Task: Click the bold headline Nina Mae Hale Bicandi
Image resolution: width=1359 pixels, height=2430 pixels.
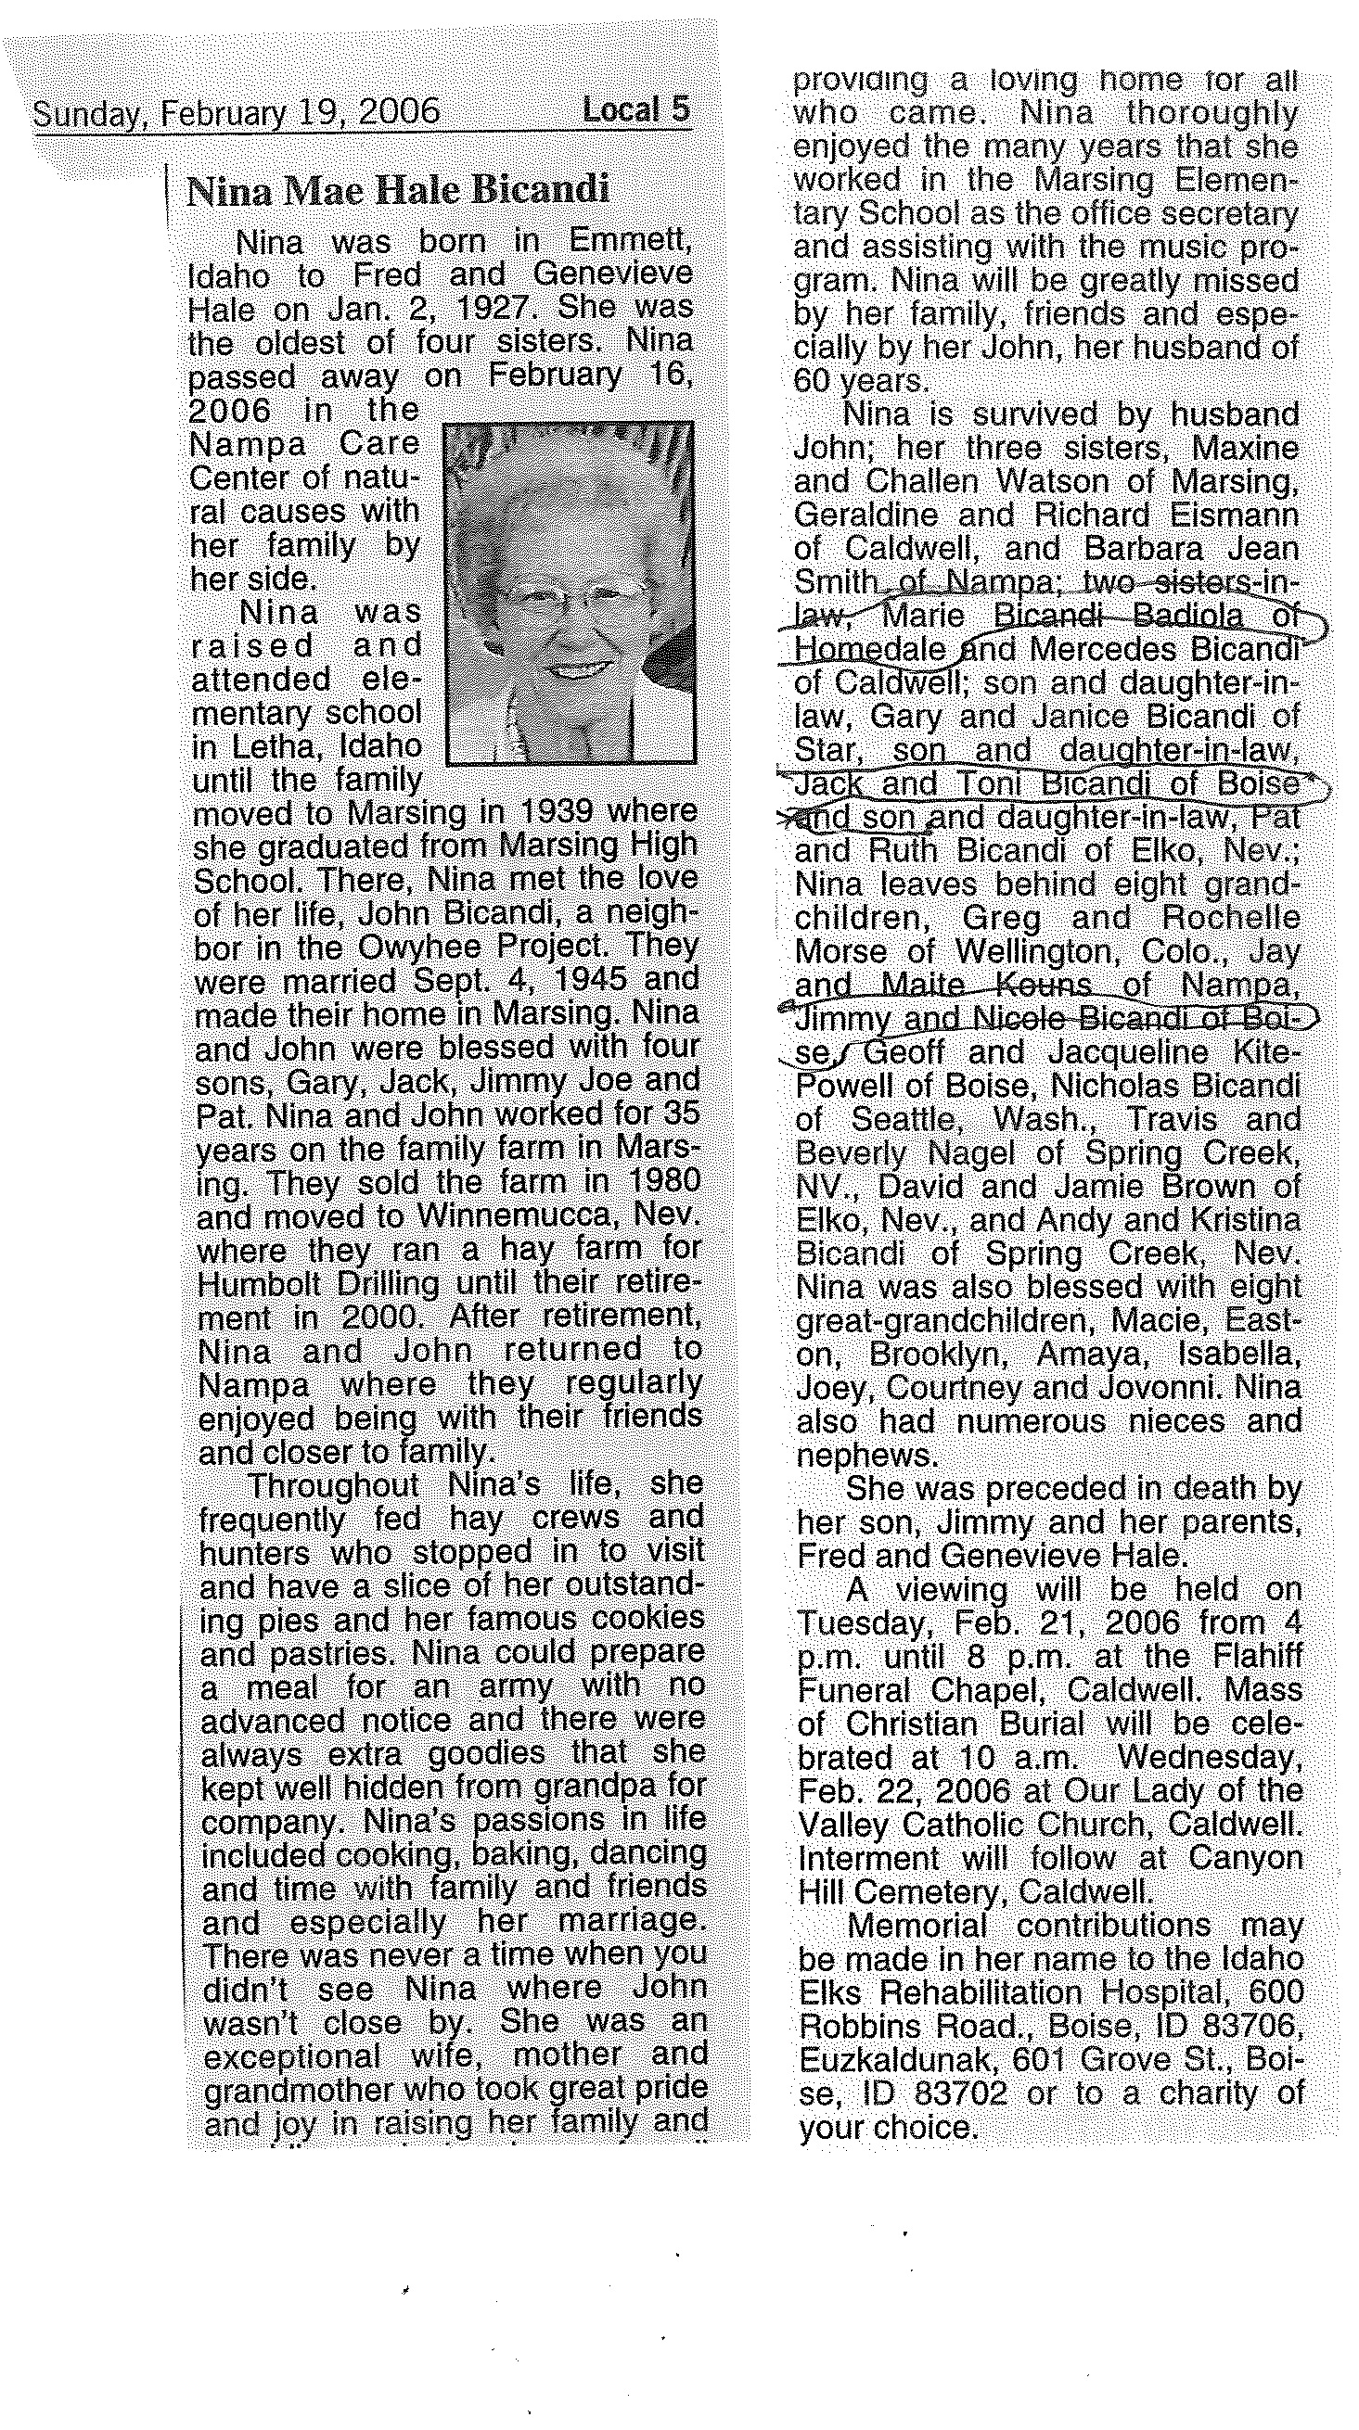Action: click(x=397, y=192)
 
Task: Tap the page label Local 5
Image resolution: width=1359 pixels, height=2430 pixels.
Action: click(x=635, y=110)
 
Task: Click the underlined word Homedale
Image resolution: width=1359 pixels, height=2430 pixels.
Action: click(x=868, y=650)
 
